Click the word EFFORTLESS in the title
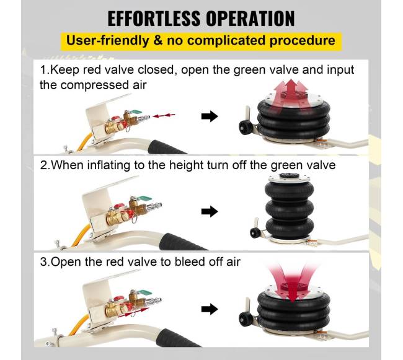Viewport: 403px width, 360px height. pos(154,19)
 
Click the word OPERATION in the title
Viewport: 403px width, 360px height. pos(250,19)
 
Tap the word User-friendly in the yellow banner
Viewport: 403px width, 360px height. pos(107,41)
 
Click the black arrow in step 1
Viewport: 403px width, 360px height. pos(210,116)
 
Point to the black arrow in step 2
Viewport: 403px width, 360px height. pos(210,211)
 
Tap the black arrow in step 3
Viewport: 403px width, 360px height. pos(210,309)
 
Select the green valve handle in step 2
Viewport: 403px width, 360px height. pos(144,198)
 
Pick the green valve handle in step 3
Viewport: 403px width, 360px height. pos(144,293)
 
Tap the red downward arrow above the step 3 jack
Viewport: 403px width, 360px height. pos(292,283)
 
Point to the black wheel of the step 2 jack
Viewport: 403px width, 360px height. pos(254,232)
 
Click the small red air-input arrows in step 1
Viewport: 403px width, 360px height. pos(164,115)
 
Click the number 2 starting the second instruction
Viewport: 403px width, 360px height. pos(43,165)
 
